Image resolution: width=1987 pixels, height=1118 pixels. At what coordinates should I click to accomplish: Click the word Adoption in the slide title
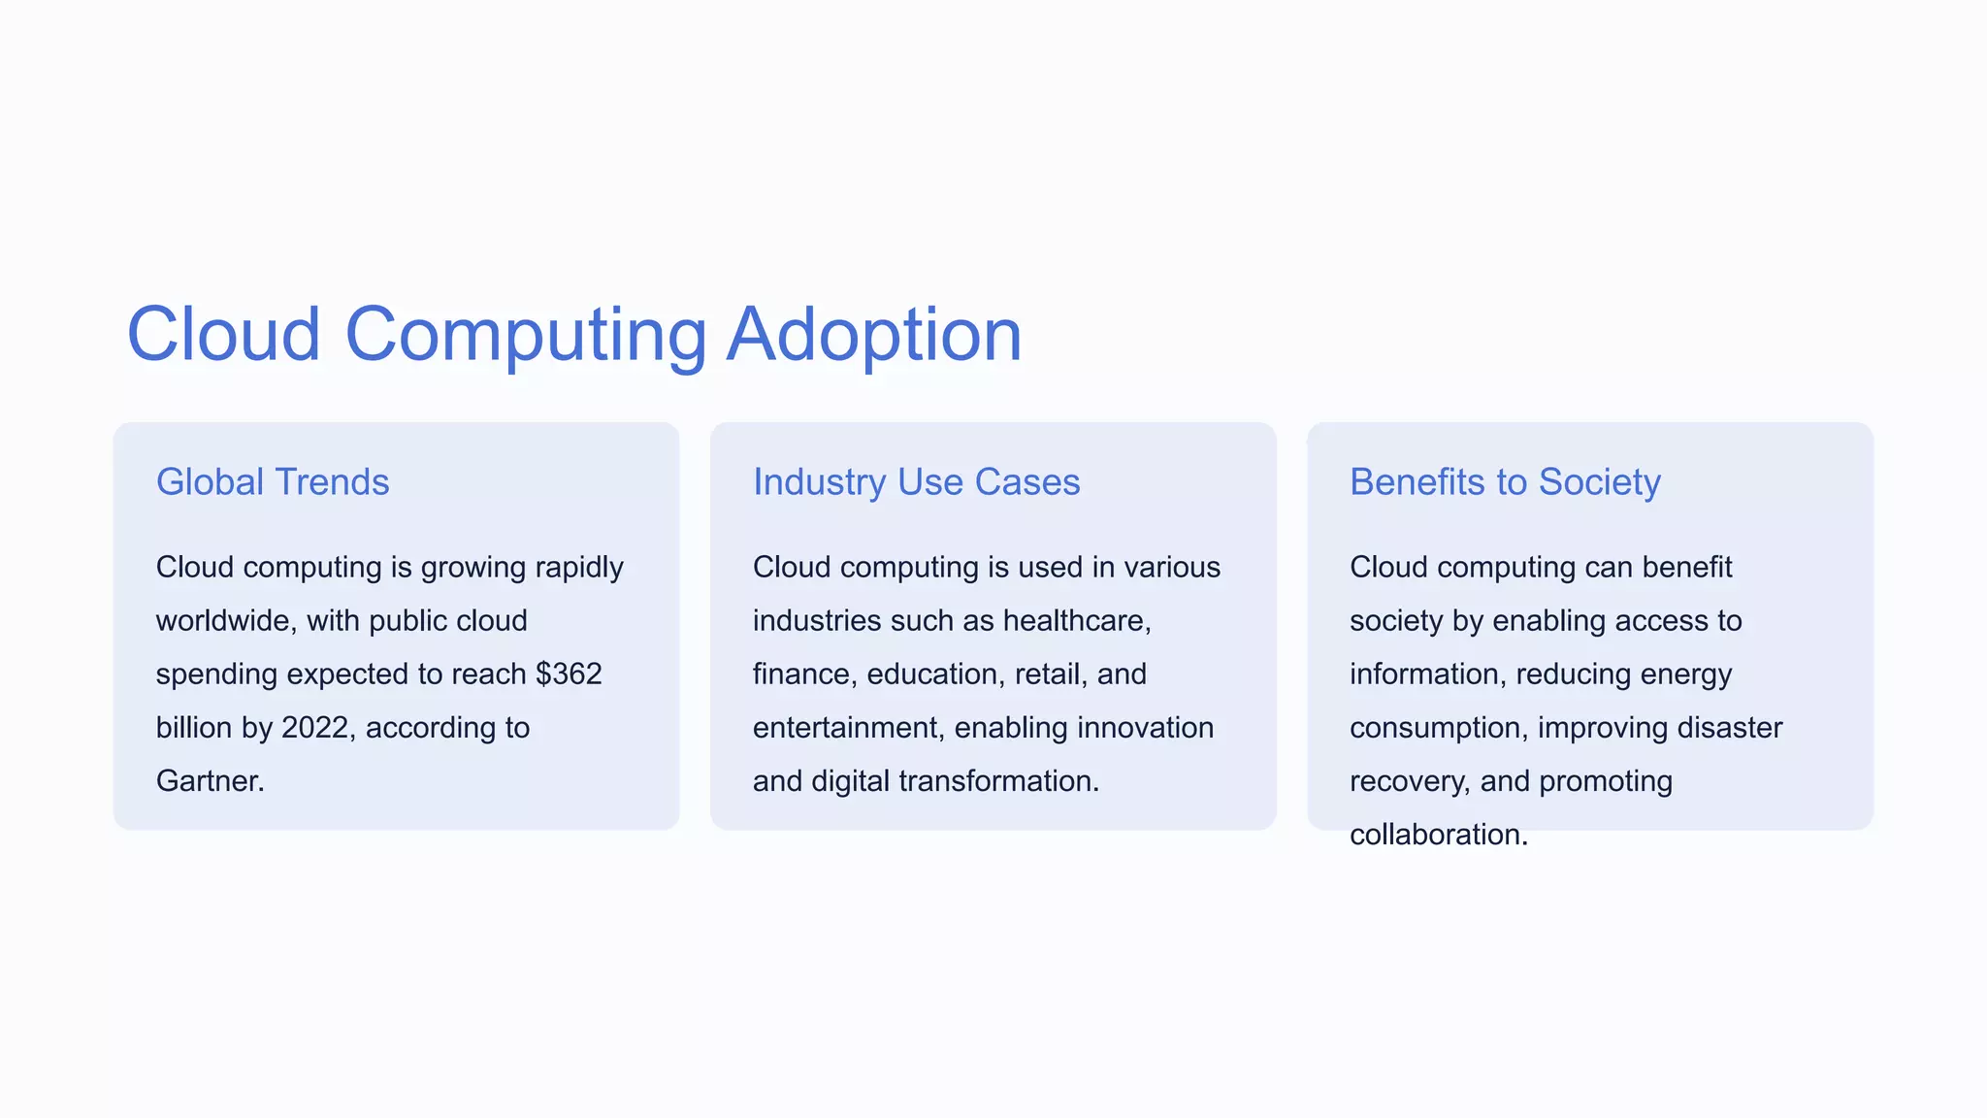coord(874,336)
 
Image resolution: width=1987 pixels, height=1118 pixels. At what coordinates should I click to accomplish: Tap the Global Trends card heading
coord(273,482)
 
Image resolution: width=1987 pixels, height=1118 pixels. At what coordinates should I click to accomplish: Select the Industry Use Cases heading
coord(916,482)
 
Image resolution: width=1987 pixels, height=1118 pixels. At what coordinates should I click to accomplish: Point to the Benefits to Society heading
coord(1505,482)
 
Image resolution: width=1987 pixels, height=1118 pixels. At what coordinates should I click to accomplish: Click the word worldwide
coord(225,621)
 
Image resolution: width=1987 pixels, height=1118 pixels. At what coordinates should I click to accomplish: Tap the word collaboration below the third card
coord(1438,835)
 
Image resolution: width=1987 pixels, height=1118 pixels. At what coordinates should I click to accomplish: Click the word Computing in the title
coord(525,336)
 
